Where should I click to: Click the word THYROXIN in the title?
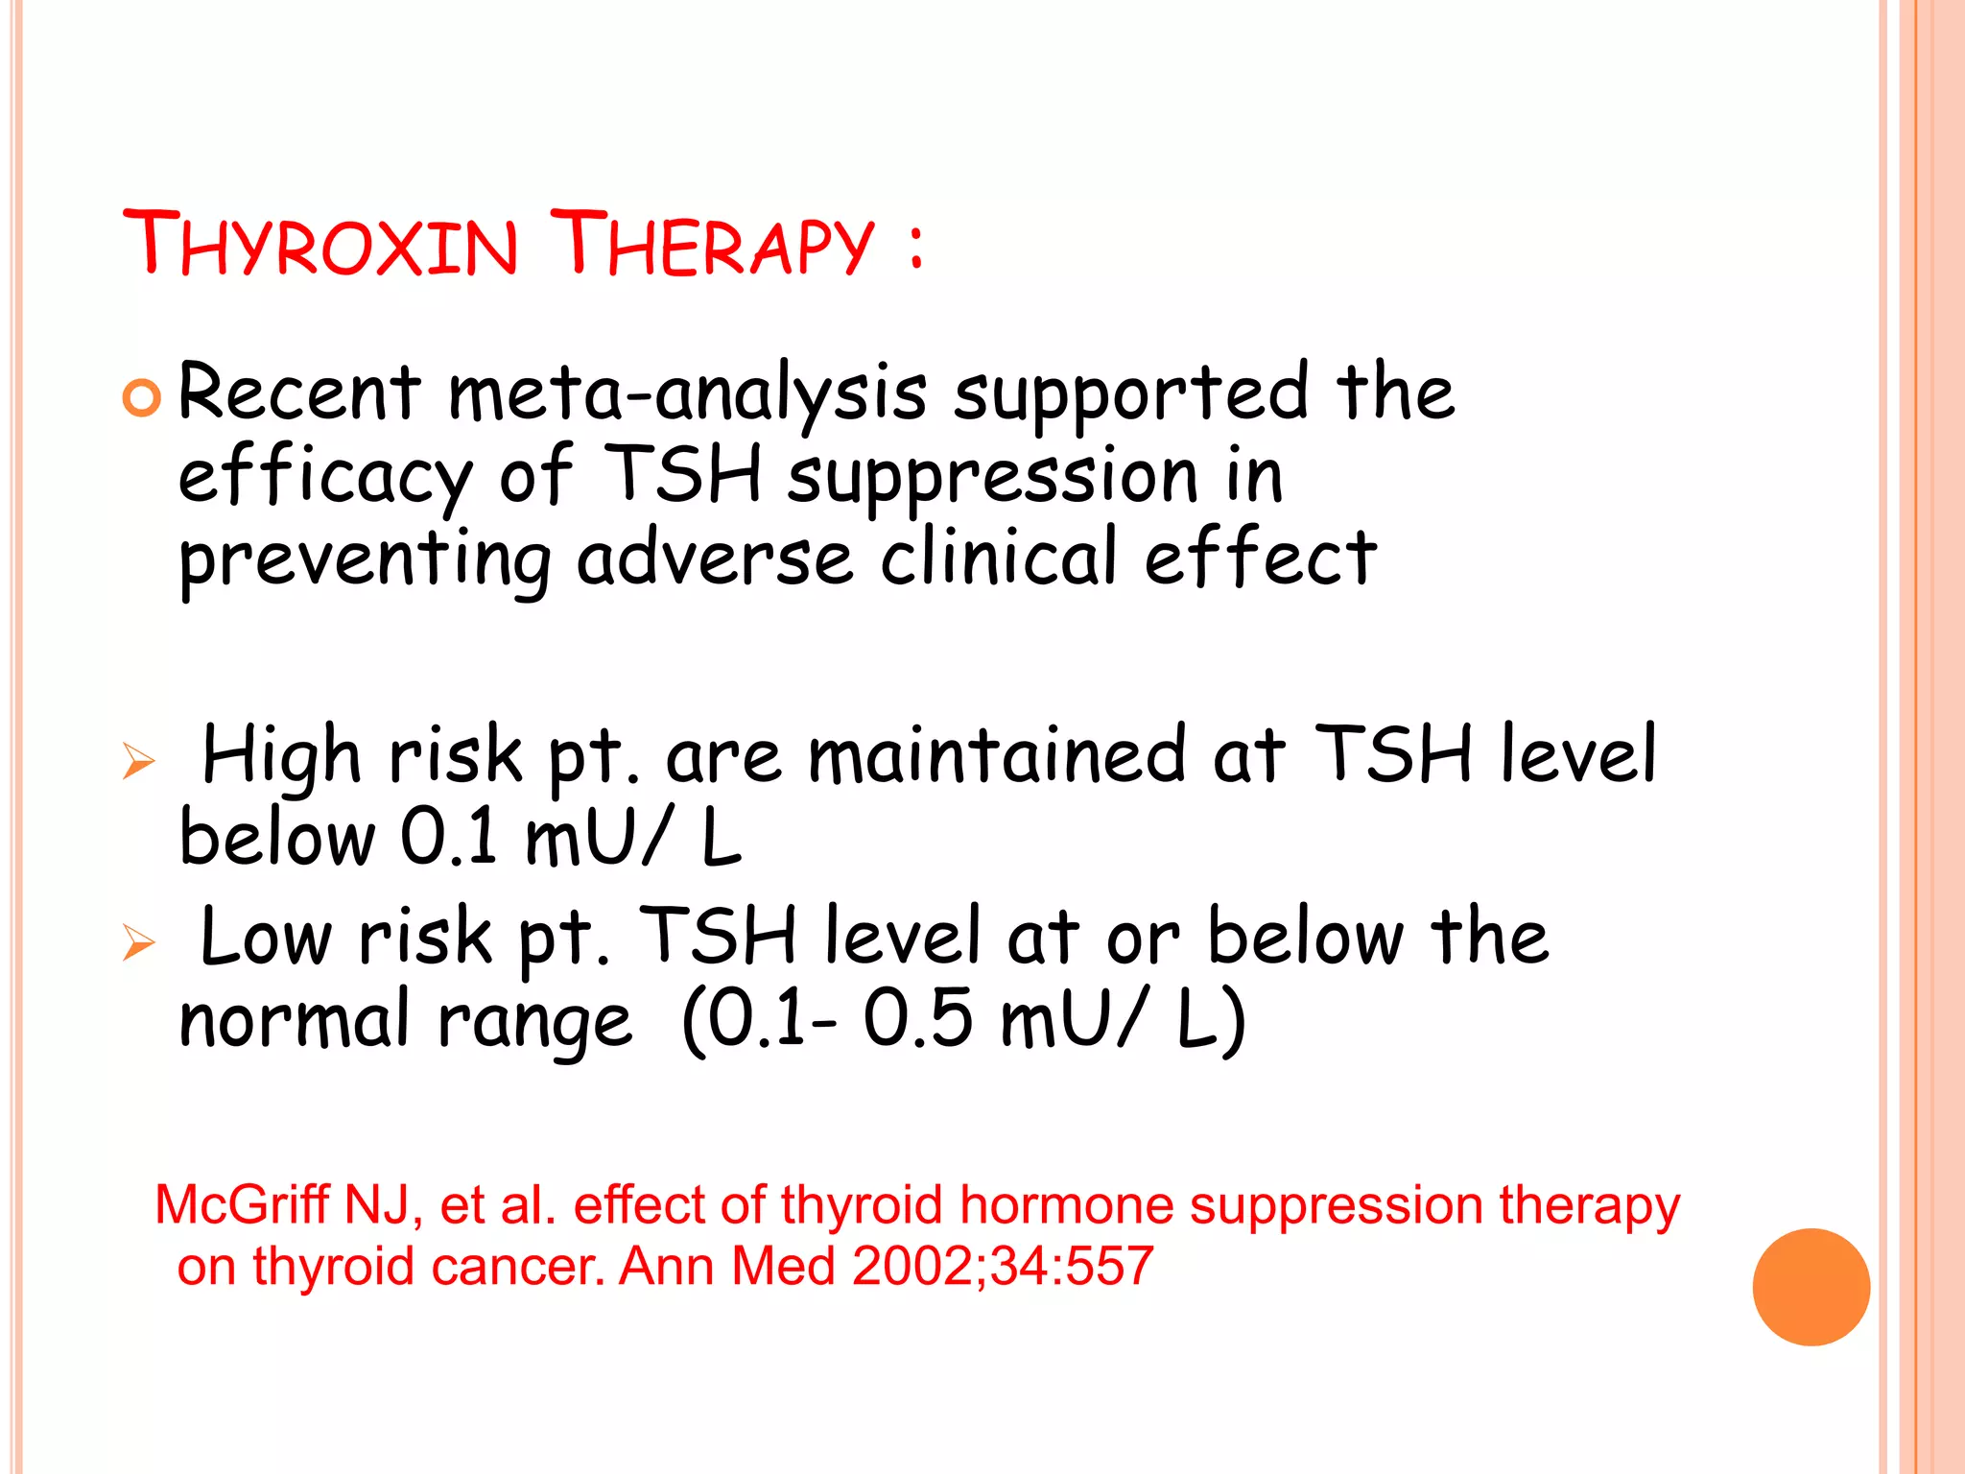320,244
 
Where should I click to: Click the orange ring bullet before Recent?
142,397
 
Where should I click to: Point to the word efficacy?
325,477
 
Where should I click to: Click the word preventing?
365,560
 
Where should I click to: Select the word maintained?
998,755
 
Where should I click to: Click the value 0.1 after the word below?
449,837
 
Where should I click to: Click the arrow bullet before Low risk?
139,942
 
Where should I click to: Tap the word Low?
266,936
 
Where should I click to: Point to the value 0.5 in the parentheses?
917,1019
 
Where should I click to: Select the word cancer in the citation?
518,1267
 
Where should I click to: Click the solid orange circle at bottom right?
1811,1287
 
